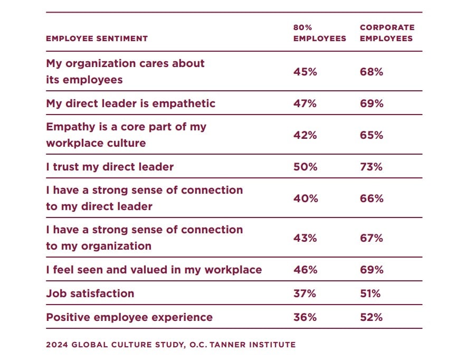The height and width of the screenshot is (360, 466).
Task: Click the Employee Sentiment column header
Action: coord(97,39)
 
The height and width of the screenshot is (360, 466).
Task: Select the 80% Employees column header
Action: coord(320,33)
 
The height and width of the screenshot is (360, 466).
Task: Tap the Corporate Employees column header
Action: coord(387,33)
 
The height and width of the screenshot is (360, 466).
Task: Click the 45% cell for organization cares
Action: coord(305,72)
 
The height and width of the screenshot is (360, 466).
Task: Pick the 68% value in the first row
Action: coord(371,72)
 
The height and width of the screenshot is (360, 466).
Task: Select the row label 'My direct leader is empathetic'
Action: coord(130,103)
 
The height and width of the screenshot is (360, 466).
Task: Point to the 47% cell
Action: coord(305,103)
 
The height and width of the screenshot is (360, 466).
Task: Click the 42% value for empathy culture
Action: coord(305,135)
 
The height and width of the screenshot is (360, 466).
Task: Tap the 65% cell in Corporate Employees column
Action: coord(371,135)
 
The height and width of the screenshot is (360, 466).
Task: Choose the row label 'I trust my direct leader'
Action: coord(110,167)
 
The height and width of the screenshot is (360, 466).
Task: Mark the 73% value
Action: coord(371,167)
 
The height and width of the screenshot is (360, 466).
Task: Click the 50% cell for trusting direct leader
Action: coord(305,167)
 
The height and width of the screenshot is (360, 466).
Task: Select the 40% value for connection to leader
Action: coord(305,198)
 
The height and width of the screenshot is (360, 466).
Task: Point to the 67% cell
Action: coord(371,238)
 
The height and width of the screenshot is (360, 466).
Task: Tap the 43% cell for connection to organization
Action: coord(305,238)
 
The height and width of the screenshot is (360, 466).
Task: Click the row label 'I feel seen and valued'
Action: coord(154,270)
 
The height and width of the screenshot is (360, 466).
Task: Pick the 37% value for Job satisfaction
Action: coord(305,293)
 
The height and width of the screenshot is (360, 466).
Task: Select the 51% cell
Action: coord(370,293)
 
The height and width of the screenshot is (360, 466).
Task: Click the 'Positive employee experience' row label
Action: coord(129,317)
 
